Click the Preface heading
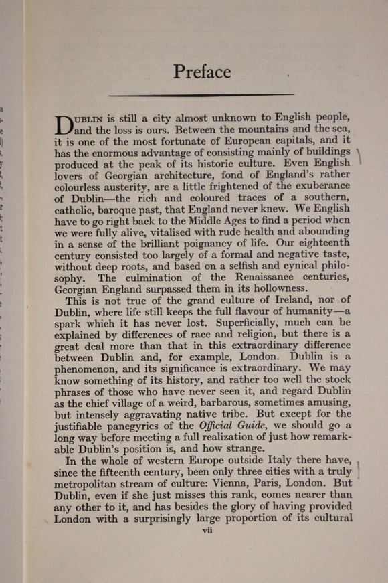[x=202, y=71]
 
